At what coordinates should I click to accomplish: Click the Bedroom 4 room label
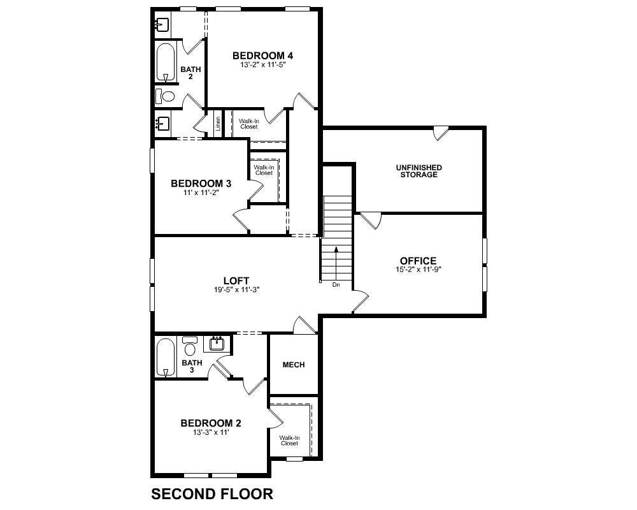tap(262, 55)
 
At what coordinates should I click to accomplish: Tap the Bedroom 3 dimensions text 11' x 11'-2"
tap(201, 193)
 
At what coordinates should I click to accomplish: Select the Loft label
tap(236, 280)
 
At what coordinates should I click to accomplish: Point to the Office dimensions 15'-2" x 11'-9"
tap(419, 269)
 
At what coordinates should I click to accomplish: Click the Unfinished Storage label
tap(419, 171)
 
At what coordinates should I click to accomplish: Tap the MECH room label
tap(294, 365)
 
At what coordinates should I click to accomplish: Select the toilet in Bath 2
tap(164, 96)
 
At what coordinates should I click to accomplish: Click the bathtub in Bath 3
tap(166, 357)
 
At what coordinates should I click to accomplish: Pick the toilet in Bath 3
tap(190, 346)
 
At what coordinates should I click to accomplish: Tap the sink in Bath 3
tap(217, 344)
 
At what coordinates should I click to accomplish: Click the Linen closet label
tap(218, 124)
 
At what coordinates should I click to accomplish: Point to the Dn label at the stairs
tap(336, 285)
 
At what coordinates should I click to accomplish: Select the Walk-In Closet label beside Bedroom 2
tap(289, 441)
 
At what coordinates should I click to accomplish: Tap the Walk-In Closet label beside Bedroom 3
tap(264, 170)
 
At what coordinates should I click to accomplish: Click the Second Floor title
tap(212, 493)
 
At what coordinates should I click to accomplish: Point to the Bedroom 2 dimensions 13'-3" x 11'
tap(211, 433)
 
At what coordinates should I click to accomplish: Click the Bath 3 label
tap(192, 366)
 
